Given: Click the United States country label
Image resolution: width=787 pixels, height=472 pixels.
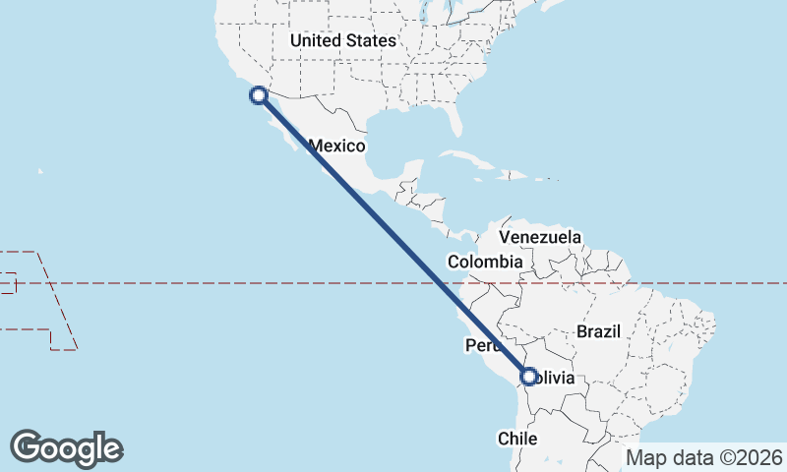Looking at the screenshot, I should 342,41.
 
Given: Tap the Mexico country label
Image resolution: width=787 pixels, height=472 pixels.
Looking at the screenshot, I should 337,147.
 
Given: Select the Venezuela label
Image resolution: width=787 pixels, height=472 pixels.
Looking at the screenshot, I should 540,238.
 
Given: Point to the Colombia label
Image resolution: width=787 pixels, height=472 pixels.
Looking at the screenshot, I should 484,263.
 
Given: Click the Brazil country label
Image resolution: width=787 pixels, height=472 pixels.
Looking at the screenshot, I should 599,331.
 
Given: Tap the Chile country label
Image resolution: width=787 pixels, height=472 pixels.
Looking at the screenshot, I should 517,439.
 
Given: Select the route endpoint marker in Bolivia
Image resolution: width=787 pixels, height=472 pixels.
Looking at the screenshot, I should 529,376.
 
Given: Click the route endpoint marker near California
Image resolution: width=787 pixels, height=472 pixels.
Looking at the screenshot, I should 258,95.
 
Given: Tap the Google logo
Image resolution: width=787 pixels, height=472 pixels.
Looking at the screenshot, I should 67,447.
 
